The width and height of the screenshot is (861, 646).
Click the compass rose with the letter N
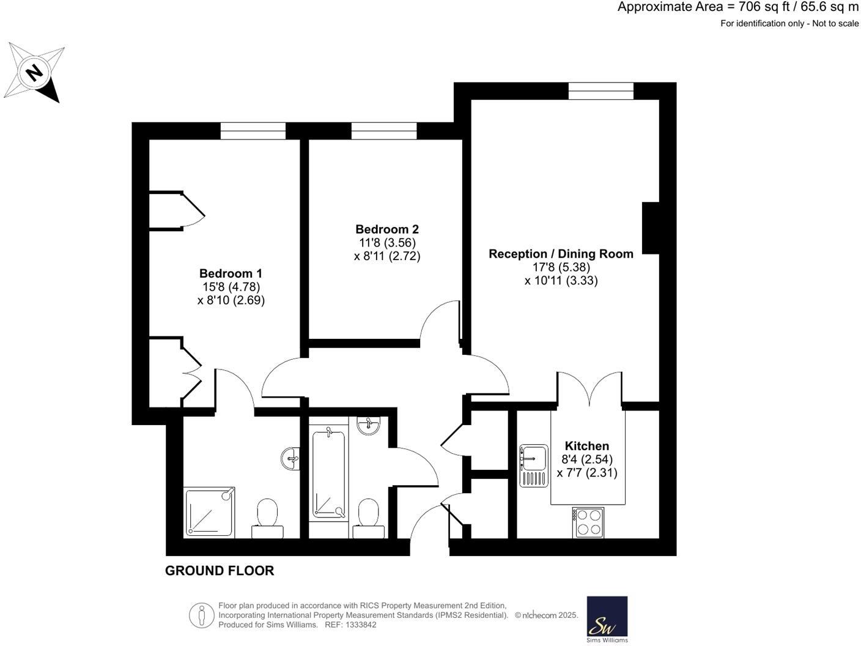(35, 73)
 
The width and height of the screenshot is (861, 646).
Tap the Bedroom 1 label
(231, 273)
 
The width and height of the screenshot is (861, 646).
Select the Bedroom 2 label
(387, 229)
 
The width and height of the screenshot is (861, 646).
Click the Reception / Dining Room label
(561, 254)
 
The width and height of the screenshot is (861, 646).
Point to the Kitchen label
(586, 446)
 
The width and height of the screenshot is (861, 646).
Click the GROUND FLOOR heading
(220, 571)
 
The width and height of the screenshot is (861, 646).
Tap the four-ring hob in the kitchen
(588, 522)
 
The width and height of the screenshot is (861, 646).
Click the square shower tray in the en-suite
(209, 512)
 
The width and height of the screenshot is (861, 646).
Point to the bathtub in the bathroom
(328, 474)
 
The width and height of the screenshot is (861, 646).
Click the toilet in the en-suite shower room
(267, 517)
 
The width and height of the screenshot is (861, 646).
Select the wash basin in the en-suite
(292, 458)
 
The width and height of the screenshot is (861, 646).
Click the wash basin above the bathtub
(369, 425)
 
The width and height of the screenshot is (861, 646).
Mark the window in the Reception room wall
(600, 91)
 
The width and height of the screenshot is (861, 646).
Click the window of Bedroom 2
(384, 131)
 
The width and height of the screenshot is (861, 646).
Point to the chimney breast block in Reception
(650, 228)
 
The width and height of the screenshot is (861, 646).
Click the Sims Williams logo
(607, 619)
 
